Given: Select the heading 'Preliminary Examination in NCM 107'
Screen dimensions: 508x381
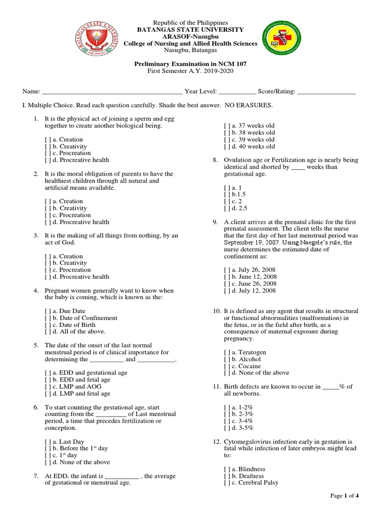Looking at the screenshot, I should [190, 64].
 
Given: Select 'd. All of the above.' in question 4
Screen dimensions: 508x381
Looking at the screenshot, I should [75, 331].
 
